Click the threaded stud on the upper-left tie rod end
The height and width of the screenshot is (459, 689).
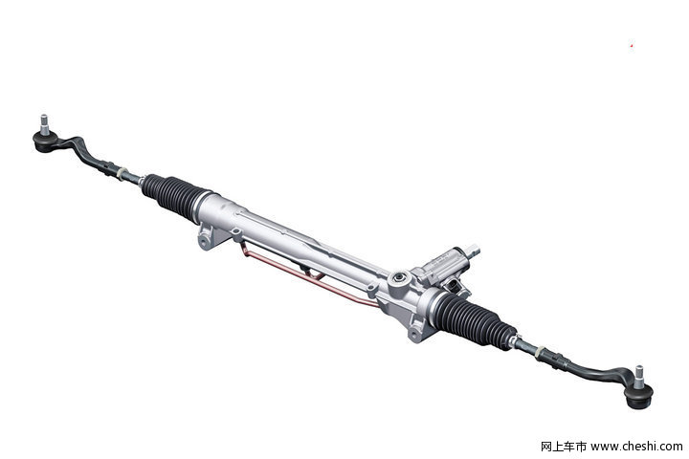coord(44,124)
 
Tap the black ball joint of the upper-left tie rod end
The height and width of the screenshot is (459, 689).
coord(45,142)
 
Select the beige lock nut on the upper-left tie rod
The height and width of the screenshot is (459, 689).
coord(122,173)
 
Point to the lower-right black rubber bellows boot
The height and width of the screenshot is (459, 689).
coord(474,319)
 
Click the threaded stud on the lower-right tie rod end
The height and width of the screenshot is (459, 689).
coord(638,377)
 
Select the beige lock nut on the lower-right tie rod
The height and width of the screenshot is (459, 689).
coord(540,352)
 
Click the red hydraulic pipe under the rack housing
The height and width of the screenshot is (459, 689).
coord(307,276)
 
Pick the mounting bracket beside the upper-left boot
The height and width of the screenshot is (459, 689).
coord(210,236)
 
